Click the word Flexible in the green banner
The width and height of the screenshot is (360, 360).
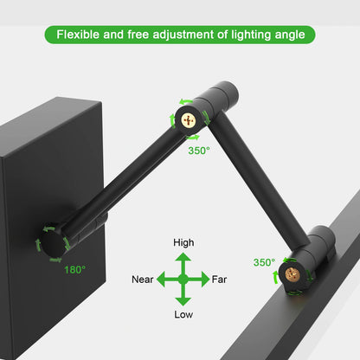tap(80, 35)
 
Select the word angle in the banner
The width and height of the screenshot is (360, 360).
tap(286, 35)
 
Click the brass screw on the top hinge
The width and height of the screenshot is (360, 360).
tap(189, 120)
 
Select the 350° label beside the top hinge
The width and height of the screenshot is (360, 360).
tap(199, 150)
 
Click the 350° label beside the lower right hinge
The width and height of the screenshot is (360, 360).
tap(264, 262)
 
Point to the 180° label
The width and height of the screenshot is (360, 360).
tap(74, 270)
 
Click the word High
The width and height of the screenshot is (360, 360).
tap(183, 243)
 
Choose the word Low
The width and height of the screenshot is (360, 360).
tap(183, 313)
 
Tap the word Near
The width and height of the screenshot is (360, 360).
tap(143, 280)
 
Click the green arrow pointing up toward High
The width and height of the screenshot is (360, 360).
tap(183, 261)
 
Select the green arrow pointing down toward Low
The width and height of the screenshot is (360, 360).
tap(183, 297)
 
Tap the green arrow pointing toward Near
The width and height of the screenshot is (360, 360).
tap(165, 280)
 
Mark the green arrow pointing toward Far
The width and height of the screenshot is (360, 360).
tap(202, 280)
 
